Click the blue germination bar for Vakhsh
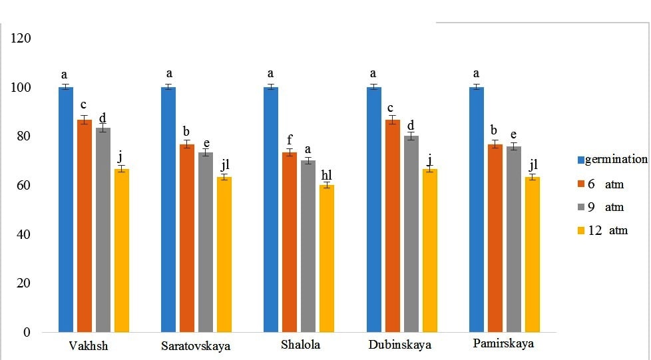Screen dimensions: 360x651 (x=66, y=209)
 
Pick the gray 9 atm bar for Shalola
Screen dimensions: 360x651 (x=308, y=246)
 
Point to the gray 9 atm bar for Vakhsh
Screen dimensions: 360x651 (x=103, y=230)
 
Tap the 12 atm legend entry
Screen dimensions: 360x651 (x=606, y=231)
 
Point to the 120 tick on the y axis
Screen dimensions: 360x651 (x=22, y=39)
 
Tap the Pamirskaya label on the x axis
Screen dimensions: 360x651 (x=504, y=344)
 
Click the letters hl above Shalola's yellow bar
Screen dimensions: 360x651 (x=326, y=175)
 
